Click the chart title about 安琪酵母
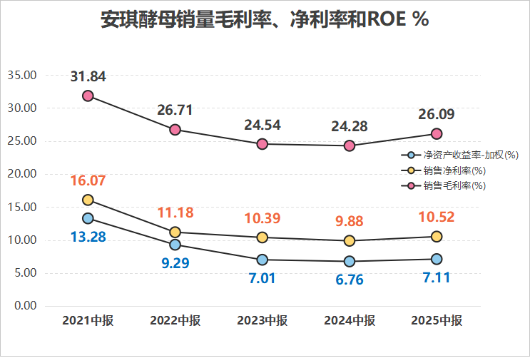tap(265, 20)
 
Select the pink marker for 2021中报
tap(88, 96)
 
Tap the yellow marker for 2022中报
tap(175, 232)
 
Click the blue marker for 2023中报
tap(263, 260)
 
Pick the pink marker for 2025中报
tap(437, 133)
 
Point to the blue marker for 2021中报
tap(88, 218)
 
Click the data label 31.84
tap(88, 76)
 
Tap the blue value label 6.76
tap(350, 279)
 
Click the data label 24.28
tap(350, 127)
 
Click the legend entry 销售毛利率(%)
tap(454, 185)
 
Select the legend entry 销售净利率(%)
tap(454, 170)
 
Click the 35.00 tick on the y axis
tap(22, 76)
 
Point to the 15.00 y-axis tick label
tap(22, 208)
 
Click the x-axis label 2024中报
tap(350, 321)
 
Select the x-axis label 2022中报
tap(175, 321)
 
